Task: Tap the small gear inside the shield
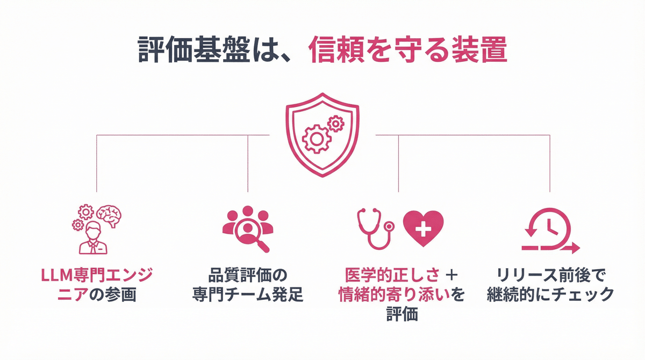click(336, 124)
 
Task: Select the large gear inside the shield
click(316, 137)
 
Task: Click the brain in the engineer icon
click(111, 215)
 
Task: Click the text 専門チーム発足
click(248, 295)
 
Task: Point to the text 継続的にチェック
click(550, 295)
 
